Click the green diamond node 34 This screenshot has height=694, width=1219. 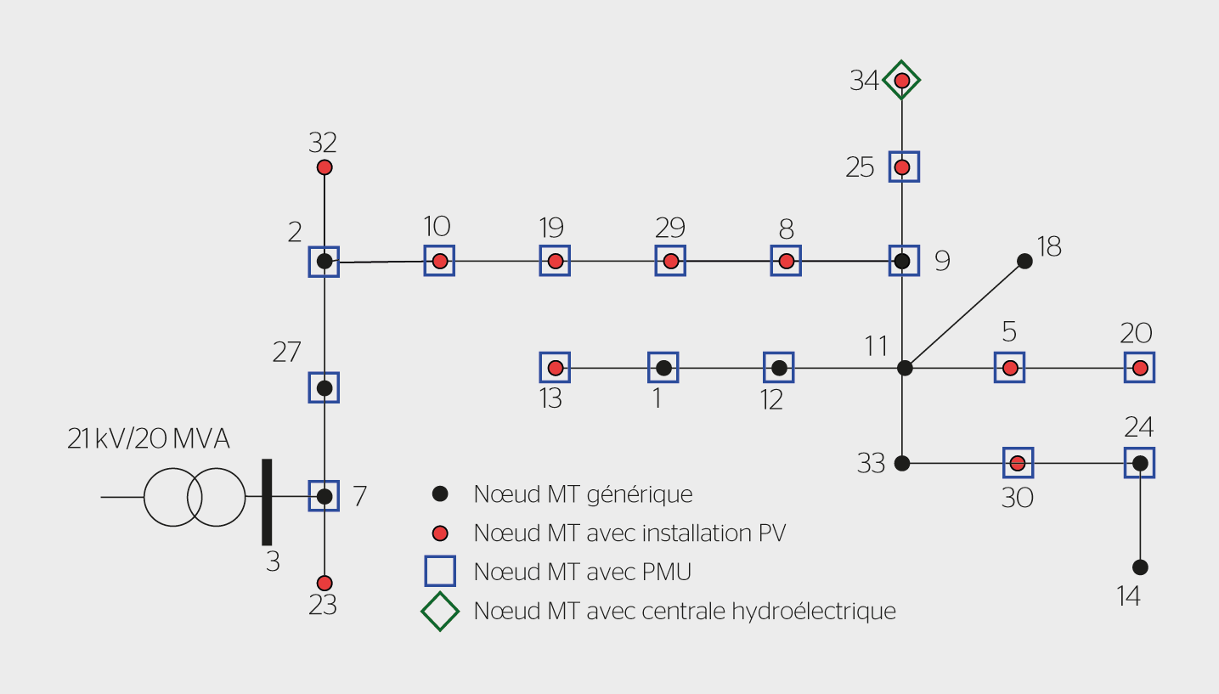(x=902, y=81)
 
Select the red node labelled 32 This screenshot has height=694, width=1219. (x=325, y=167)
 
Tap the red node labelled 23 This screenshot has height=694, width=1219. (x=325, y=584)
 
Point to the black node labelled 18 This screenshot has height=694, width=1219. (x=1025, y=262)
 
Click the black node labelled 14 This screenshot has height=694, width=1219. (x=1140, y=567)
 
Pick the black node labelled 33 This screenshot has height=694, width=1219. (x=902, y=463)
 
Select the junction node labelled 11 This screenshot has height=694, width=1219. (x=905, y=368)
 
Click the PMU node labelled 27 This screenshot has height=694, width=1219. (x=324, y=388)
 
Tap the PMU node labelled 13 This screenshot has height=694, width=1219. (x=556, y=368)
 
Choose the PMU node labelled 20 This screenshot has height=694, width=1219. (x=1140, y=368)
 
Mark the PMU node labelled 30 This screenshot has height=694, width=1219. (x=1018, y=463)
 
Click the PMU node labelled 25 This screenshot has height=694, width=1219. (x=903, y=166)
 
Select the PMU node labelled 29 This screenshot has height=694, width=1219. (x=671, y=261)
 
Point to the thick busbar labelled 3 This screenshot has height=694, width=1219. (x=267, y=501)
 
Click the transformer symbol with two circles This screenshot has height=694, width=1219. (x=194, y=497)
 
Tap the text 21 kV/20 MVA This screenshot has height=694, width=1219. (x=150, y=439)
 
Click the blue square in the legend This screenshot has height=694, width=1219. (x=440, y=571)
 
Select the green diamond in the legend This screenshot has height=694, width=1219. (x=440, y=611)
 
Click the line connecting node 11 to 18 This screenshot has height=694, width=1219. (x=965, y=314)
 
